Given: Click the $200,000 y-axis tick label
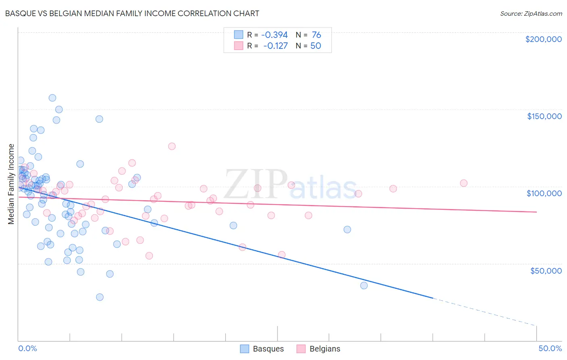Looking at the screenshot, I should [x=543, y=39].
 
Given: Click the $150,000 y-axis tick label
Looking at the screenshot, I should [x=544, y=116].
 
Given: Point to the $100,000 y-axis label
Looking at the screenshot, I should [x=544, y=193].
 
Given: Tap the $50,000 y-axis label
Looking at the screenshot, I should [x=546, y=270].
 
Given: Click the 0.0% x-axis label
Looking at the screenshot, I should [x=27, y=348].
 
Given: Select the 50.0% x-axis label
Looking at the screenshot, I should [x=550, y=348].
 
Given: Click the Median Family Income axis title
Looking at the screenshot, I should [x=11, y=184].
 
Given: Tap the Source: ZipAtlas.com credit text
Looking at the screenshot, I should [x=531, y=13].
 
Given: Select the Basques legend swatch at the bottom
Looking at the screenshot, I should [x=244, y=349].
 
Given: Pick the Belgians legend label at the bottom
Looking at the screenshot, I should [x=325, y=349].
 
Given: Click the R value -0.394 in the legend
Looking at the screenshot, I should [x=274, y=35].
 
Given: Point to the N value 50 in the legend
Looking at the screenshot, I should [x=315, y=46].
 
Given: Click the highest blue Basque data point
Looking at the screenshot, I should [x=52, y=98].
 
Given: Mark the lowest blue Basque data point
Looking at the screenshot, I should [x=100, y=297].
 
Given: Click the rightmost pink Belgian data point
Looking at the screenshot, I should [x=463, y=183].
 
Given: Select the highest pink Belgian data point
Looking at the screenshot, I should [x=172, y=146].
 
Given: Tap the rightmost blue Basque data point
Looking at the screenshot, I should [x=364, y=285].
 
